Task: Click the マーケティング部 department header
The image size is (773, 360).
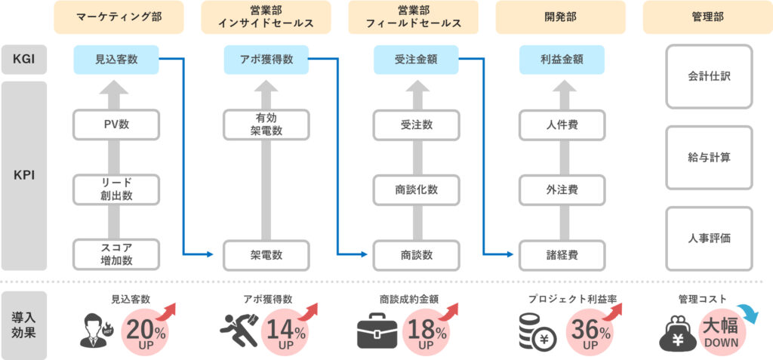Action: coord(119,17)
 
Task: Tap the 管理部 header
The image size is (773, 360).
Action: coord(707,17)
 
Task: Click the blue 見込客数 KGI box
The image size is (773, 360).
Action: coord(117,59)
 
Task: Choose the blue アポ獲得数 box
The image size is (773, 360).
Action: coord(266,59)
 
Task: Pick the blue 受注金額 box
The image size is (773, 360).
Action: coord(416,59)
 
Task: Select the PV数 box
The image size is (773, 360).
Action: coord(117,125)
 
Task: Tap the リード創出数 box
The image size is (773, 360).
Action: coord(117,189)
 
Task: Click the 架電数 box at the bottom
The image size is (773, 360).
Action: coord(266,255)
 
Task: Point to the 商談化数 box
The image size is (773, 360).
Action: coord(416,189)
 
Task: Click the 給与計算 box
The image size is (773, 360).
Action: coord(709,158)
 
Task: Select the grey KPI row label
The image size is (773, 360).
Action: coord(23,176)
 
